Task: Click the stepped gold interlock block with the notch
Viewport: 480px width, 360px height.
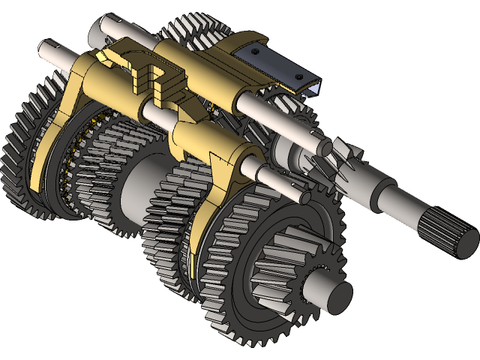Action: click(161, 79)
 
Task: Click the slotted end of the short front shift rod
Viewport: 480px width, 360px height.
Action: click(304, 197)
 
